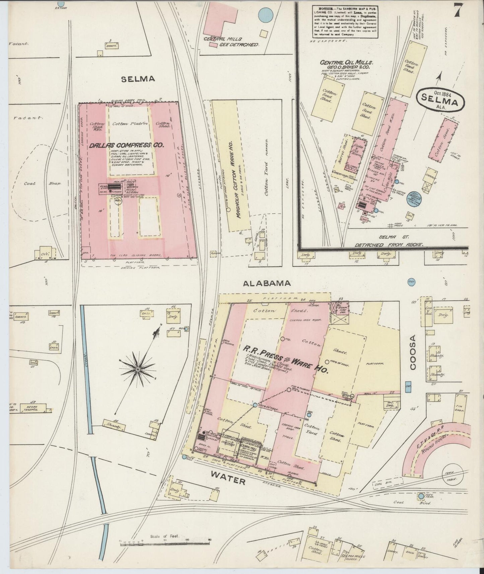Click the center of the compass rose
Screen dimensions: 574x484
[137, 369]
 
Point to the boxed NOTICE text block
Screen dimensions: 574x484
[345, 21]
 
